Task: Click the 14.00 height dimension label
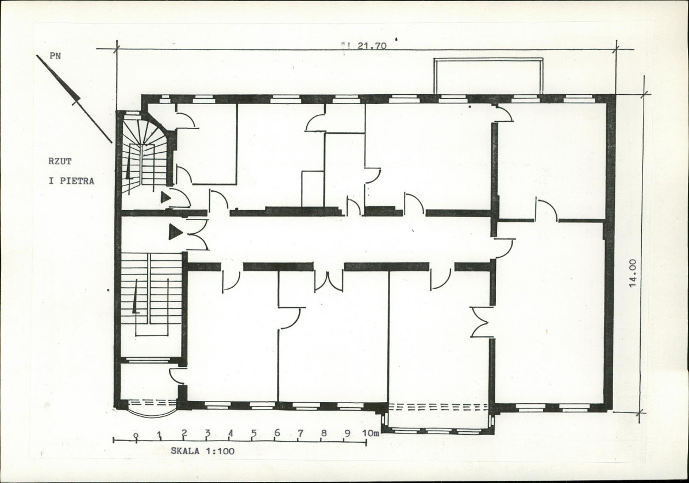click(x=633, y=273)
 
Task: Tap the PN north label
click(x=55, y=56)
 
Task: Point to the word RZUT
click(x=60, y=161)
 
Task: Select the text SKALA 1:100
click(x=203, y=451)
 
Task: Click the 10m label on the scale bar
click(x=371, y=434)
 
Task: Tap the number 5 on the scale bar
click(x=253, y=433)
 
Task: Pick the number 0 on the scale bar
click(x=137, y=435)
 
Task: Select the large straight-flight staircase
click(x=151, y=294)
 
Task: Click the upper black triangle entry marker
click(x=165, y=197)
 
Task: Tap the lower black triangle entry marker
click(x=175, y=232)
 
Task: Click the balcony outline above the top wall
click(x=488, y=59)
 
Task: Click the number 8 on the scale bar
click(x=324, y=433)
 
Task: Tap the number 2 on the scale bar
click(x=184, y=433)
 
